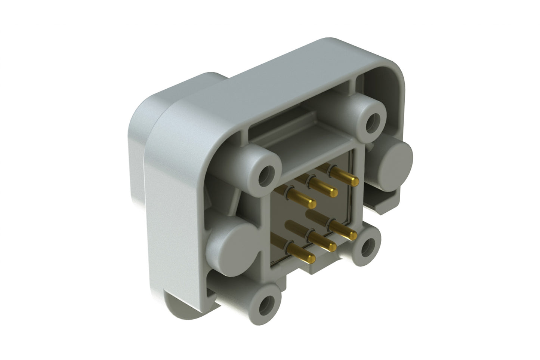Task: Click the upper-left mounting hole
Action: tap(266, 175)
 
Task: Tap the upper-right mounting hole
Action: tap(372, 122)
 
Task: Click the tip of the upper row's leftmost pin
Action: tap(311, 204)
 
